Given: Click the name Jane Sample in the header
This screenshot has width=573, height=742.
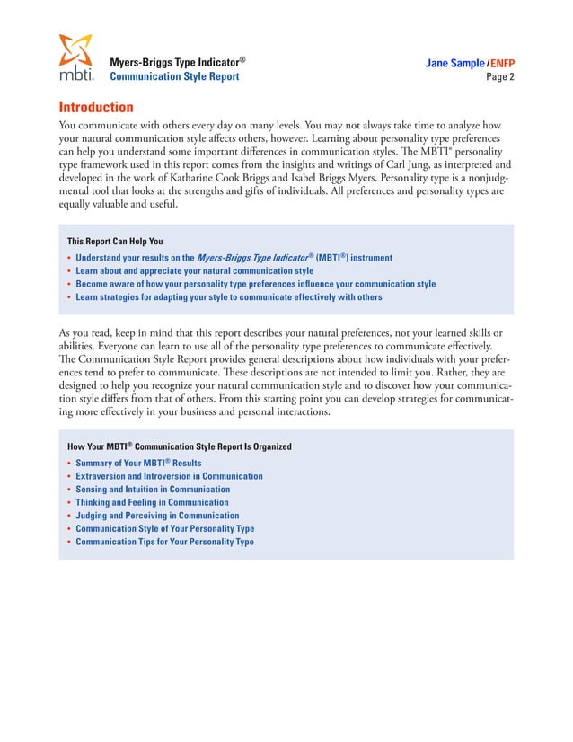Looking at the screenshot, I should click(x=454, y=64).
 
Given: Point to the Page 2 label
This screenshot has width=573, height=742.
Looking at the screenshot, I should click(x=499, y=77).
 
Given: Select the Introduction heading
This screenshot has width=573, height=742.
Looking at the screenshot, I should click(x=96, y=107).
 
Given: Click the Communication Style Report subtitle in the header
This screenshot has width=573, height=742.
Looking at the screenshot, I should click(x=174, y=77).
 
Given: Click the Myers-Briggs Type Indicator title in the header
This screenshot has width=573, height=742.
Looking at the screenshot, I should click(x=177, y=63).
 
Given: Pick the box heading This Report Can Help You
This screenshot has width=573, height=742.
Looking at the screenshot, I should click(x=115, y=241).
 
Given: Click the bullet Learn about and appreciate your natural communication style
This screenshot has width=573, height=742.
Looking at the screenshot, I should click(x=194, y=270).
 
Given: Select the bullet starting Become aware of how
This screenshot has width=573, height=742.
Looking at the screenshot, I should click(x=255, y=284).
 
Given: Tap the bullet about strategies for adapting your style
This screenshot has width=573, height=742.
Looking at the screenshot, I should click(x=228, y=296).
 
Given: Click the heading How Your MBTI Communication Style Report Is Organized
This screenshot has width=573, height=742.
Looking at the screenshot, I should click(x=179, y=446).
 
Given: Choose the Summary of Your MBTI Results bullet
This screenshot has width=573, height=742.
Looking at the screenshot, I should click(x=138, y=464).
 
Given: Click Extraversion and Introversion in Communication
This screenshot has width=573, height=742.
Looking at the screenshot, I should click(x=169, y=476).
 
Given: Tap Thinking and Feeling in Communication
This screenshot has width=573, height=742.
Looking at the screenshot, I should click(x=152, y=502).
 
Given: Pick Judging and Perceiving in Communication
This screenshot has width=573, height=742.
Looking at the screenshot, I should click(x=157, y=516).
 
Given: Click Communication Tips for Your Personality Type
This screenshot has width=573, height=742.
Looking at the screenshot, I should click(x=164, y=542).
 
